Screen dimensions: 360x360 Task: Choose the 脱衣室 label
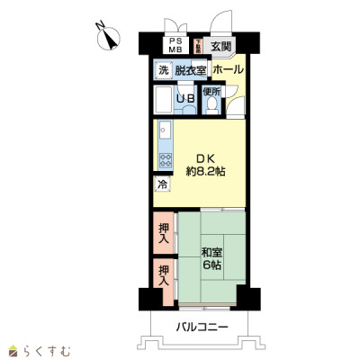click(190, 70)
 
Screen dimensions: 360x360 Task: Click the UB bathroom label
click(186, 99)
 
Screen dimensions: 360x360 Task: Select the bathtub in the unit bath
click(165, 99)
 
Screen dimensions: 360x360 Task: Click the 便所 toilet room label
click(211, 91)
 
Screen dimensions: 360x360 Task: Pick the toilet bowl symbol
click(211, 105)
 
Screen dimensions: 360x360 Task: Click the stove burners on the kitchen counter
click(164, 160)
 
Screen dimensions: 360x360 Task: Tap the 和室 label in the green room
click(211, 251)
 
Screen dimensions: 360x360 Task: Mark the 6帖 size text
click(211, 265)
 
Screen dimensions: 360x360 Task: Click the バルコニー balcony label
click(202, 326)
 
